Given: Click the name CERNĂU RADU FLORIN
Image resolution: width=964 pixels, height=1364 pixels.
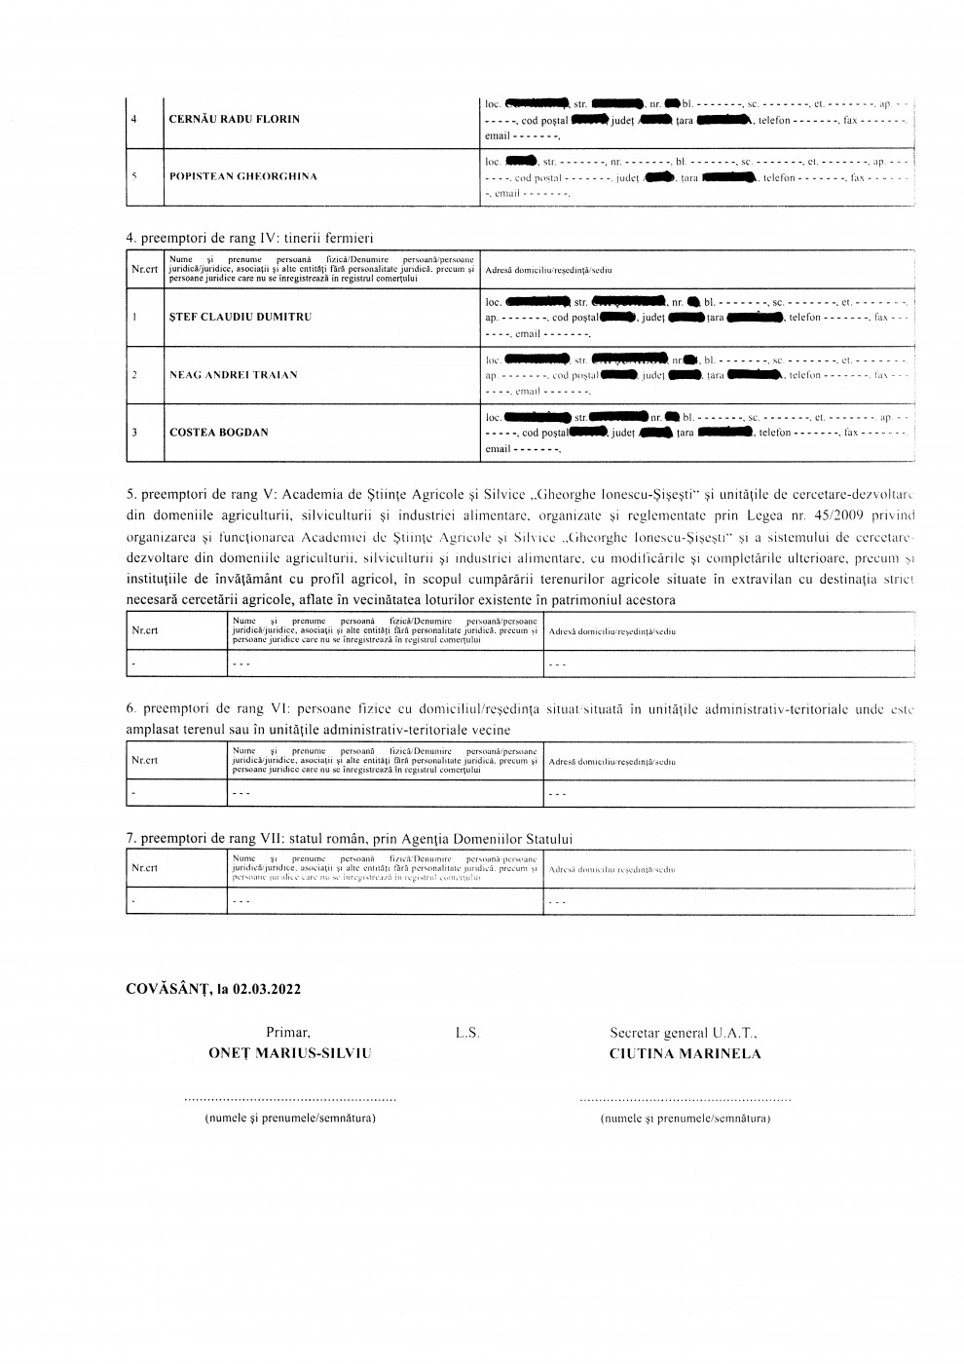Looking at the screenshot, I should [234, 119].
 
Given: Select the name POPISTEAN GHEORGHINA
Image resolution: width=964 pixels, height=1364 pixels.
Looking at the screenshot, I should [243, 176].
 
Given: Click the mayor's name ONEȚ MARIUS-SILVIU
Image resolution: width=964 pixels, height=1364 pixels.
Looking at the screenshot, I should [289, 1053].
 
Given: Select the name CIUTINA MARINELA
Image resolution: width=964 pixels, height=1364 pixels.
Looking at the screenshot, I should [686, 1053].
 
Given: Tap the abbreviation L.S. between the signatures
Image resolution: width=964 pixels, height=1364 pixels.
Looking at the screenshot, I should [467, 1032].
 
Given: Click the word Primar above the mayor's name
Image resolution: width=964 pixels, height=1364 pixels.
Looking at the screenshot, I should [288, 1032].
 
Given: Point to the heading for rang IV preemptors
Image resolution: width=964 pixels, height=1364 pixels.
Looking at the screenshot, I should [250, 238].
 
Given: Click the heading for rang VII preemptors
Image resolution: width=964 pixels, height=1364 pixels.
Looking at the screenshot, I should [350, 838].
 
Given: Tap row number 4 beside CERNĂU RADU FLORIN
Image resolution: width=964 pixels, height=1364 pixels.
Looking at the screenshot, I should [133, 119].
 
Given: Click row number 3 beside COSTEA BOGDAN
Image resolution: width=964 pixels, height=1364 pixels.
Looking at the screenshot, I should [133, 432].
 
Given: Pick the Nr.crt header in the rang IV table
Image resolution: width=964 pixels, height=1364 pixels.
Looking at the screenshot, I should [144, 270].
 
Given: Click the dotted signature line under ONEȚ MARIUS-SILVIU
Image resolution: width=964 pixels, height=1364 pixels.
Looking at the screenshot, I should [290, 1099].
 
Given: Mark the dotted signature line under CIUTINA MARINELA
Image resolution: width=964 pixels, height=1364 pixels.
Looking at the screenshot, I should [685, 1099].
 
